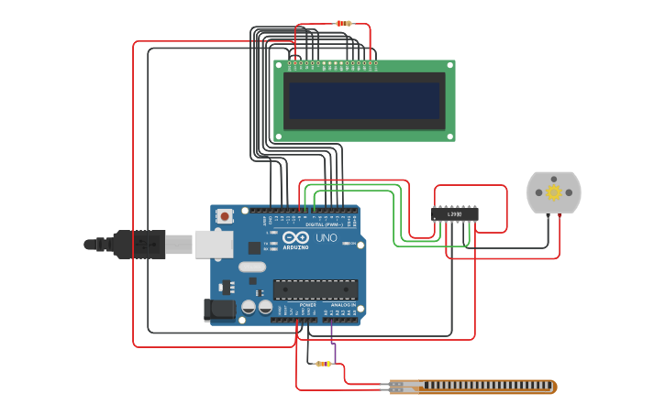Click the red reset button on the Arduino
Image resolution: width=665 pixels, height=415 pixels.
225,216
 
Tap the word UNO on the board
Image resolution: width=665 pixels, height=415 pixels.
327,237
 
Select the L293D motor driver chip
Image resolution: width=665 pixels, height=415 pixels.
455,213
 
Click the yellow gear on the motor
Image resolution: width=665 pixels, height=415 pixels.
554,192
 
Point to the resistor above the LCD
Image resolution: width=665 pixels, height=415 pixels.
343,23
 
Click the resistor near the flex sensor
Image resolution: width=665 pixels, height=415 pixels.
323,364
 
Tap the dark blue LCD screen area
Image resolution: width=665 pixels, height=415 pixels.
364,101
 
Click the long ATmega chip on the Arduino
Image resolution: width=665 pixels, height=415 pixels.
316,289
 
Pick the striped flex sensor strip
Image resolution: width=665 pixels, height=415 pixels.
472,387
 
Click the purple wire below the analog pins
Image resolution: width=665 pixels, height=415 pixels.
334,352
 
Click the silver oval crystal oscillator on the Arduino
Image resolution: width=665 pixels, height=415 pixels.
251,268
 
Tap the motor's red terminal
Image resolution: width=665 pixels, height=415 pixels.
560,216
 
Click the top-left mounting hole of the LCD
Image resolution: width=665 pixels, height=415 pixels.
278,65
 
